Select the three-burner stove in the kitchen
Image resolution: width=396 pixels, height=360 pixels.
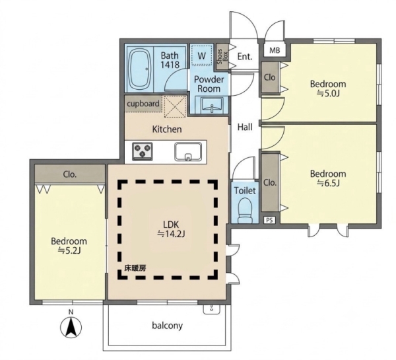143,151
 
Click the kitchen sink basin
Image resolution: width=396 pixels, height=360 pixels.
188,151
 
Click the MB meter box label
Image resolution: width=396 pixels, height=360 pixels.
275,51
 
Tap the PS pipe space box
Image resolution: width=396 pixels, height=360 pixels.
269,220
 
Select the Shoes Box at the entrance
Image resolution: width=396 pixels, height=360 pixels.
222,57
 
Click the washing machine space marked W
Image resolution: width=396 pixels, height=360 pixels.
201,56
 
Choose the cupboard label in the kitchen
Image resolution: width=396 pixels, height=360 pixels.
143,104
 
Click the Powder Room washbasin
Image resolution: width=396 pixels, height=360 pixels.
212,106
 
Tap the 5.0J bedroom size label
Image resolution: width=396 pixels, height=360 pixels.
328,94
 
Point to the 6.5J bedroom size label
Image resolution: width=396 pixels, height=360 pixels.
328,183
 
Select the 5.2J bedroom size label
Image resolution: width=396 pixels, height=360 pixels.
69,250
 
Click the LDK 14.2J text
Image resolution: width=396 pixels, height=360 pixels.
171,229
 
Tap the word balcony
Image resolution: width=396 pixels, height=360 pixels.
167,326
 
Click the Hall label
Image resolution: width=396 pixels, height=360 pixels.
245,127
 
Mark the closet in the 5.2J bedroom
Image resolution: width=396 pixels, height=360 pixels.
70,174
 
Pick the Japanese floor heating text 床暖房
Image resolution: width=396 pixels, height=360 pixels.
135,268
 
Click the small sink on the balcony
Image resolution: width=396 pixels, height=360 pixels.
212,309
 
